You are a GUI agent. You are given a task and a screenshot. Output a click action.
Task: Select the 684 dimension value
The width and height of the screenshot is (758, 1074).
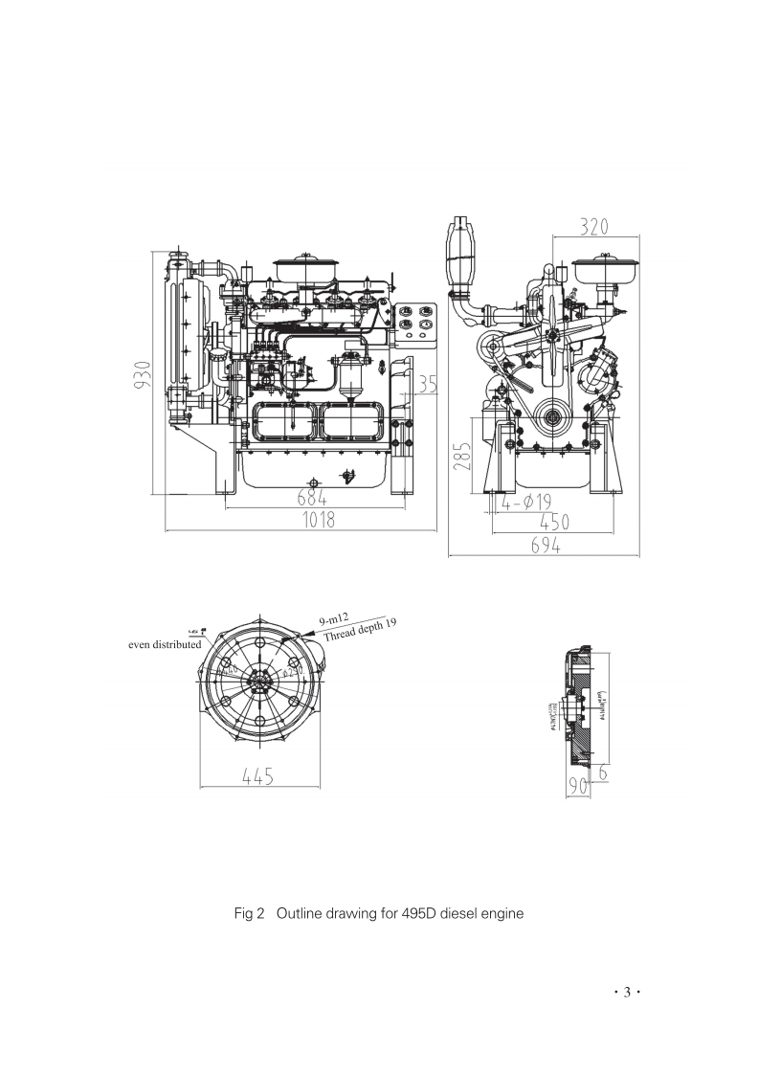click(311, 499)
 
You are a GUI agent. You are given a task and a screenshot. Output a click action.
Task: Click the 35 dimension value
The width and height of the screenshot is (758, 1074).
click(427, 385)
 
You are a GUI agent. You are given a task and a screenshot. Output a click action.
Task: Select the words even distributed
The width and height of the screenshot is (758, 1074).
click(165, 644)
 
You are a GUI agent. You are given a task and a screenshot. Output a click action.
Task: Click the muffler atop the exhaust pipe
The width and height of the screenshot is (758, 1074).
click(462, 250)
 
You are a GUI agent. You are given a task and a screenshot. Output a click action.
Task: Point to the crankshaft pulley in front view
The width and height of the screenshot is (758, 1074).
click(552, 418)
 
